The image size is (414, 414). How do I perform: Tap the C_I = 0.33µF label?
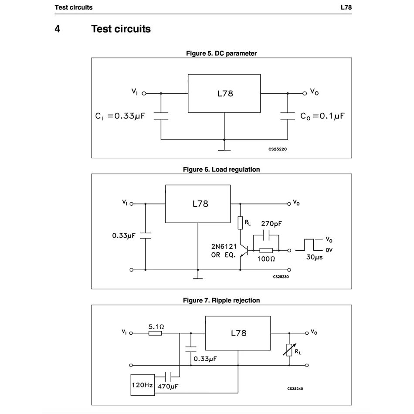tap(120, 116)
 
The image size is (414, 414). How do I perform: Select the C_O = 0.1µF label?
tap(322, 116)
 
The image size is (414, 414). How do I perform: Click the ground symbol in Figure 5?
tap(224, 150)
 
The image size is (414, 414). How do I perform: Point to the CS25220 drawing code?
tap(278, 149)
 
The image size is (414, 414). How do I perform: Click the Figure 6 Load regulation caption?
tap(221, 169)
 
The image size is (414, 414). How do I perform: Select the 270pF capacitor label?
tap(271, 224)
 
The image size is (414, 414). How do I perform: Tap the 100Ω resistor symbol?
tap(266, 250)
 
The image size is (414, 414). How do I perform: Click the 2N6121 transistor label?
tap(224, 247)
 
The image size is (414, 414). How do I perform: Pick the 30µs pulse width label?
tap(315, 257)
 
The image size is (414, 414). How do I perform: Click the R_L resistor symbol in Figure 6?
tap(240, 223)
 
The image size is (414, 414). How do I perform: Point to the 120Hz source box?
tap(143, 385)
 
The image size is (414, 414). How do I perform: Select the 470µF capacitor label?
tap(168, 386)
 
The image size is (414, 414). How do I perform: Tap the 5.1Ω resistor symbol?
tap(155, 333)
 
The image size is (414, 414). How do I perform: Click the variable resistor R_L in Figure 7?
tap(289, 350)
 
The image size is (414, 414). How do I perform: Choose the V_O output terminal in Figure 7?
tap(307, 333)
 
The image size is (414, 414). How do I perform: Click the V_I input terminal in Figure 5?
tap(144, 93)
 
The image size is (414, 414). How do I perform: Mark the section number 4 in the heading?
tap(57, 29)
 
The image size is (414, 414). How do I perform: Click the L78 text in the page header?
tap(346, 7)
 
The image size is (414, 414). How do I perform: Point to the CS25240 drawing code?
tap(295, 388)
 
